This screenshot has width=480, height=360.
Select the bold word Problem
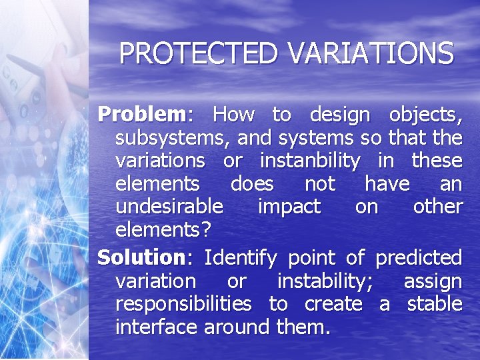point(141,115)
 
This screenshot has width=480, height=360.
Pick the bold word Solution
point(140,257)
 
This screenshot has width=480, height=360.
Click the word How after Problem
point(233,115)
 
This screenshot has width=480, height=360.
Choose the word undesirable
point(169,207)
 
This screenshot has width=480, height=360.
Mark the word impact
point(289,207)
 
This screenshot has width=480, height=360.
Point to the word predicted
point(418,257)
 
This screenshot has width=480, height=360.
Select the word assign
point(433,281)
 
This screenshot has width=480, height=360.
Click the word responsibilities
point(183,304)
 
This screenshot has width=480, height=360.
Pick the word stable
point(434,304)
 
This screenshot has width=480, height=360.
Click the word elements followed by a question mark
point(163,230)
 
